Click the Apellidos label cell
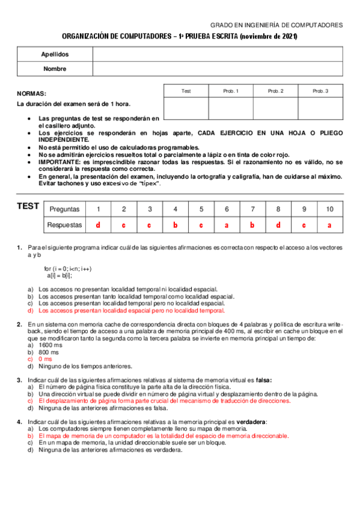[55, 54]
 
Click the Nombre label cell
[55, 69]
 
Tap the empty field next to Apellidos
[218, 54]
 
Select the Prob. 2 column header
[275, 91]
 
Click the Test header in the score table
[186, 91]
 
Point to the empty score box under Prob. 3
[320, 108]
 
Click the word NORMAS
[31, 94]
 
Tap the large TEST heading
[28, 207]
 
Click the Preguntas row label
[64, 209]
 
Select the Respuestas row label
[64, 225]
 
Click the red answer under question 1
[98, 225]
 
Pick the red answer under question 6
[227, 225]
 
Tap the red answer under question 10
[329, 225]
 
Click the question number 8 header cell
[278, 209]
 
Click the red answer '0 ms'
[46, 359]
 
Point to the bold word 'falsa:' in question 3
[261, 380]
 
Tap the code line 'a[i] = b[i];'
[59, 275]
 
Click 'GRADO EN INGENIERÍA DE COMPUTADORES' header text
[276, 25]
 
